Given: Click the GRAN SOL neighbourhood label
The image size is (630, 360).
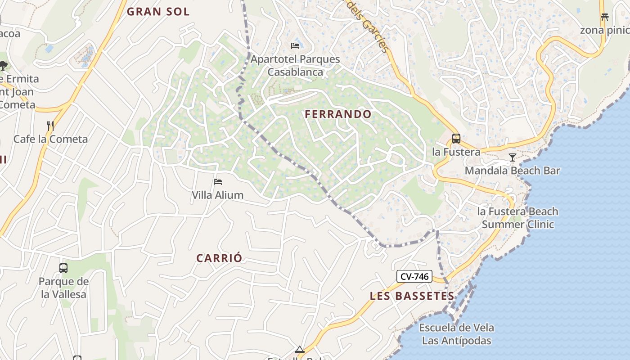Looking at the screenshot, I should (158, 12).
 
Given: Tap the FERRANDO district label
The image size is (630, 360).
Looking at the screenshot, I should (338, 114).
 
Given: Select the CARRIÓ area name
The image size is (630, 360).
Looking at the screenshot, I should (219, 258).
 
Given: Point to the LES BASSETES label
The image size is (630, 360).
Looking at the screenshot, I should (412, 296).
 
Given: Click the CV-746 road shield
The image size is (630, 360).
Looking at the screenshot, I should (414, 276).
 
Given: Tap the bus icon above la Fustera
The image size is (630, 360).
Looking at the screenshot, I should (456, 139).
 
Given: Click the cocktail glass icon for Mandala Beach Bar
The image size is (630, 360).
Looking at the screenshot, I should (512, 157).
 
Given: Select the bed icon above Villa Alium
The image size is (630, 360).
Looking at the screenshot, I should (218, 182).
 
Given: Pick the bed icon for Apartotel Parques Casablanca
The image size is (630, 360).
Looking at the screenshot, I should (295, 46).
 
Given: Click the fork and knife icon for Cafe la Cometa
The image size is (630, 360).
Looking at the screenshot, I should (50, 126).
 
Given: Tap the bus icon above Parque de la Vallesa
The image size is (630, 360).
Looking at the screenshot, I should (63, 268).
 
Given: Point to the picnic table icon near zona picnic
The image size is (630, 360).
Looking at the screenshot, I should (604, 17).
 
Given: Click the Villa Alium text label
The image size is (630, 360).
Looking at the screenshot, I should (218, 195).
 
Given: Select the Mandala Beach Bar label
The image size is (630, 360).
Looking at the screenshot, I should (512, 171).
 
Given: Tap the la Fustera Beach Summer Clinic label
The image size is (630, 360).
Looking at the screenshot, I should (517, 218).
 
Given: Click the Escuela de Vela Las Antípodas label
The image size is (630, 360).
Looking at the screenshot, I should (456, 334).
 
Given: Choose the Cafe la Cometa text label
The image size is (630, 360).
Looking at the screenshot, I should (50, 139).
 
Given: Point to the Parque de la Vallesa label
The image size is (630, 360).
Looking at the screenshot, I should (63, 288).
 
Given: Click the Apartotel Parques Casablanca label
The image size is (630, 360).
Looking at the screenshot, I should (295, 66).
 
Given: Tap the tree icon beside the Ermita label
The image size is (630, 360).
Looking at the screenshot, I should (3, 66).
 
